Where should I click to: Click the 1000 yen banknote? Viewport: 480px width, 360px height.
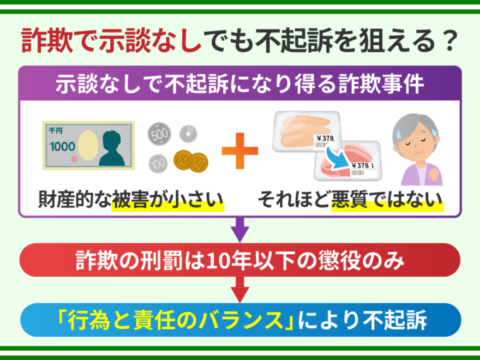pyautogui.click(x=88, y=145)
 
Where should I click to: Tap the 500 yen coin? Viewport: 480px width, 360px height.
pyautogui.click(x=160, y=134)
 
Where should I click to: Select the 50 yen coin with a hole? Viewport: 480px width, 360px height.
pyautogui.click(x=188, y=134)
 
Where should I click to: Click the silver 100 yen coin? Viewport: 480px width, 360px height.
pyautogui.click(x=158, y=164)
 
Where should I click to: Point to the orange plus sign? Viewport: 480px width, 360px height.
pyautogui.click(x=240, y=150)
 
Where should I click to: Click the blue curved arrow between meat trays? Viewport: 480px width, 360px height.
pyautogui.click(x=337, y=157)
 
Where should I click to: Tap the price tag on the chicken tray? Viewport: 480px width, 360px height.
pyautogui.click(x=325, y=140)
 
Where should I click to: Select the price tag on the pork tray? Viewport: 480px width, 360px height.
pyautogui.click(x=362, y=169)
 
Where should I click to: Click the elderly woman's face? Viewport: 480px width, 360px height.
pyautogui.click(x=416, y=143)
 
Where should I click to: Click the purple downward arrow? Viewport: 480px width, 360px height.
pyautogui.click(x=240, y=229)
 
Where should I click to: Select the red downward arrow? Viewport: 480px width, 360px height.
pyautogui.click(x=240, y=289)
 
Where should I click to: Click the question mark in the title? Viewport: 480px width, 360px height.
pyautogui.click(x=450, y=40)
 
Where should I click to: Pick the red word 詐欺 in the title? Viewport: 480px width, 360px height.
pyautogui.click(x=47, y=40)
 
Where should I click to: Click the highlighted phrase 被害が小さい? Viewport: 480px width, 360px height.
pyautogui.click(x=168, y=200)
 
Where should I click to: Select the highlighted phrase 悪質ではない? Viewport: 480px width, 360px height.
pyautogui.click(x=388, y=200)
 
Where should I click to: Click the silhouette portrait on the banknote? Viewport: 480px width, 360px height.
pyautogui.click(x=112, y=148)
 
